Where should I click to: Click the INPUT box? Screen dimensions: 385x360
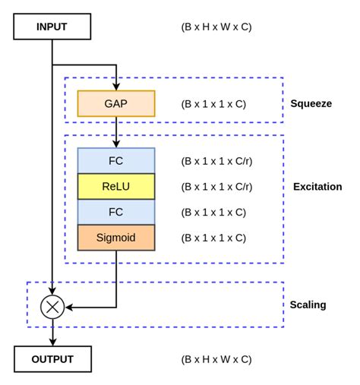coord(52,27)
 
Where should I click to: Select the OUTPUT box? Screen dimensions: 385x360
coord(52,359)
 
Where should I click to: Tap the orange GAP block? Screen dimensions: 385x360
coord(115,104)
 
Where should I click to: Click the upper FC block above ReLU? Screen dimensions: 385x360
coord(115,160)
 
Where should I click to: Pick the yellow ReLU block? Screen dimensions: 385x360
coord(115,186)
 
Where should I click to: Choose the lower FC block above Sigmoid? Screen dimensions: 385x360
coord(115,212)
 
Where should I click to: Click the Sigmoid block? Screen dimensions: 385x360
coord(115,238)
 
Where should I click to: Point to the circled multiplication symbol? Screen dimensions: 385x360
coord(52,307)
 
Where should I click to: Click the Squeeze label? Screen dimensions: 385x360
coord(311,103)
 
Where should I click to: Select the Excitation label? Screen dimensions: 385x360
coord(317,186)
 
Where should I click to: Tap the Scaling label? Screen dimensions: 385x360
coord(308,305)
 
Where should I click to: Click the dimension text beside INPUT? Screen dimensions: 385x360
coord(216,27)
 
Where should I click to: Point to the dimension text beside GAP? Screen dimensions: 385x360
coord(213,104)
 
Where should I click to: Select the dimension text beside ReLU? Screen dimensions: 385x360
coord(216,186)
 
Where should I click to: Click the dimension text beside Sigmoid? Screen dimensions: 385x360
coord(213,238)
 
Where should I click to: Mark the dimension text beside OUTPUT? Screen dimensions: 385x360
coord(216,359)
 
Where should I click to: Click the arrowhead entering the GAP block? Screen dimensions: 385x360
coord(116,87)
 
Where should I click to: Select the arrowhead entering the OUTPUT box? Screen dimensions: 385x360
coord(52,342)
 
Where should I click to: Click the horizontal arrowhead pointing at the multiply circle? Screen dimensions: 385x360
coord(69,307)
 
